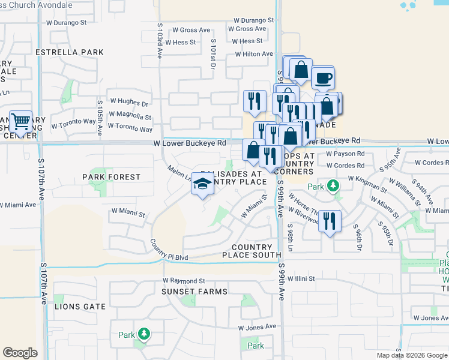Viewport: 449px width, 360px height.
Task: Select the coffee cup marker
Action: [x=323, y=78]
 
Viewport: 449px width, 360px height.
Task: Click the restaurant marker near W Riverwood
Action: [x=330, y=221]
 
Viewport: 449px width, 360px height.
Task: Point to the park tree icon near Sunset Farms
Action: [x=143, y=334]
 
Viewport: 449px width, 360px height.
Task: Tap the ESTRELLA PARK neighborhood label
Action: [x=70, y=52]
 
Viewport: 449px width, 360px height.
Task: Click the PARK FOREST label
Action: [x=111, y=177]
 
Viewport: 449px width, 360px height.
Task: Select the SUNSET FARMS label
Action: [x=185, y=292]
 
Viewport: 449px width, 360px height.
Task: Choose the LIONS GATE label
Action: [x=80, y=307]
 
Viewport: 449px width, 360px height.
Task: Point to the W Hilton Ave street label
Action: [x=255, y=54]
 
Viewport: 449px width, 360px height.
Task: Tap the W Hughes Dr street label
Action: [x=128, y=103]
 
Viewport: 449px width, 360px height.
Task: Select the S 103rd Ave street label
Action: [x=160, y=41]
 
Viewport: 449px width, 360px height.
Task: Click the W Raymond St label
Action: [x=184, y=280]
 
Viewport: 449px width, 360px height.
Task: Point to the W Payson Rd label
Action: [x=345, y=154]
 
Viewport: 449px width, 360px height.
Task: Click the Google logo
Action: [x=20, y=353]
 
